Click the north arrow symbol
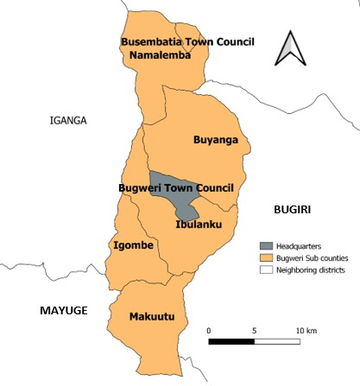coord(290,49)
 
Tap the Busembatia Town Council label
coord(187,41)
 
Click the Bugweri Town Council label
coord(175,187)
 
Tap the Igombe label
coord(134,246)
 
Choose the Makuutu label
coord(151,318)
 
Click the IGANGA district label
coord(69,121)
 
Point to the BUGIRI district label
coord(291,210)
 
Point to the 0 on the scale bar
coord(209,330)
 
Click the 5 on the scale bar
coord(254,330)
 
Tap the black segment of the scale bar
coord(231,341)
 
